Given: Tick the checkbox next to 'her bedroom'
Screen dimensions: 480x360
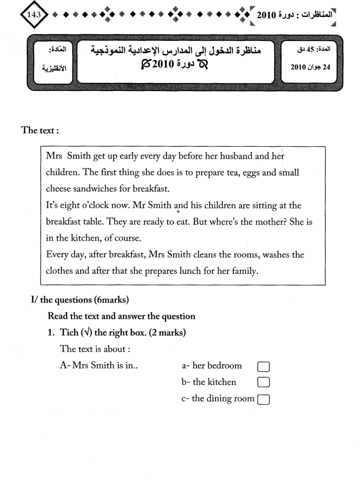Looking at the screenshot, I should coord(263,366).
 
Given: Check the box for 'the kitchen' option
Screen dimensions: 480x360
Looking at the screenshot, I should coord(263,383).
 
